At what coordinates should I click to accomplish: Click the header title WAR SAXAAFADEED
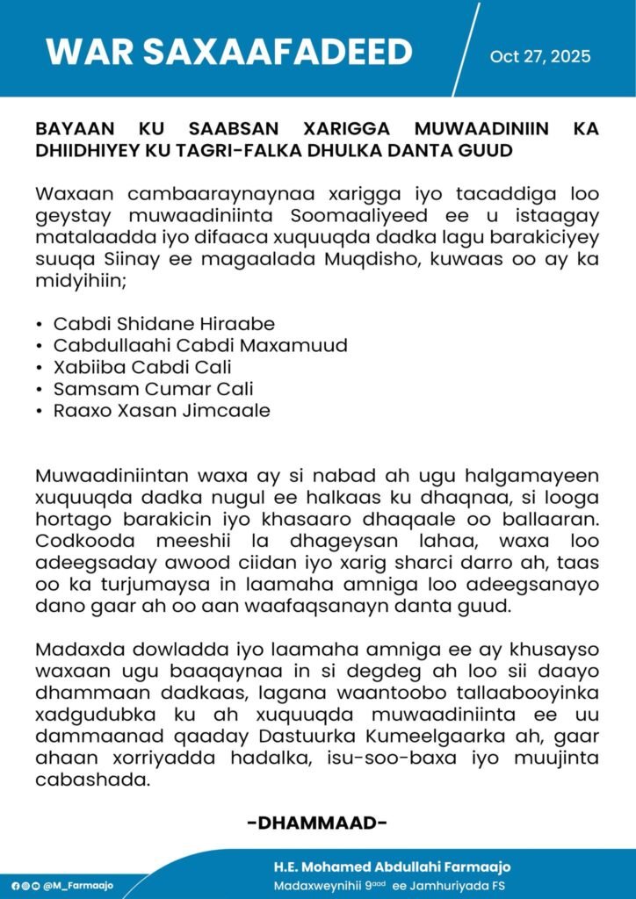click(x=228, y=53)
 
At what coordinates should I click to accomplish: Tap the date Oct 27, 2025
click(x=540, y=57)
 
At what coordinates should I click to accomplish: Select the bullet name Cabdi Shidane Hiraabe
click(x=164, y=323)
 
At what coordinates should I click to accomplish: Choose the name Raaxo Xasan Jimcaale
click(x=161, y=411)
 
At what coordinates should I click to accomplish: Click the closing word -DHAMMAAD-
click(x=318, y=823)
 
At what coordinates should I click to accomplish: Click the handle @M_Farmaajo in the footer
click(x=78, y=886)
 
